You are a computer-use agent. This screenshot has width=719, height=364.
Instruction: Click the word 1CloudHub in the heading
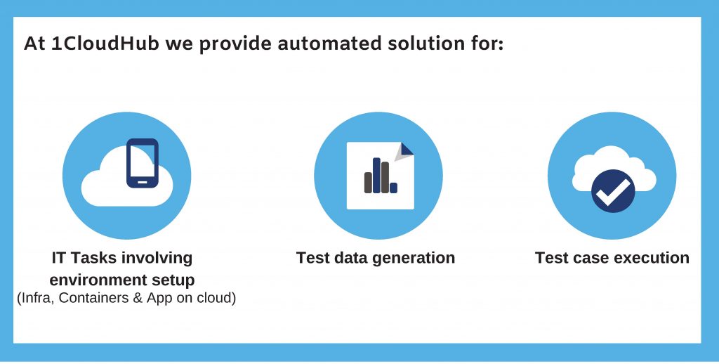point(105,43)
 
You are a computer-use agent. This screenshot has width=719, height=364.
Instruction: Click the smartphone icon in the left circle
point(142,163)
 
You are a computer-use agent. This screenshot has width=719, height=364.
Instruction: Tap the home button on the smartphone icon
point(142,182)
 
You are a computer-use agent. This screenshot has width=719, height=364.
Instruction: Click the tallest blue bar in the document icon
point(376,175)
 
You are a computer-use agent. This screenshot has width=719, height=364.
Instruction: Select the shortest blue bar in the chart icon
point(393,188)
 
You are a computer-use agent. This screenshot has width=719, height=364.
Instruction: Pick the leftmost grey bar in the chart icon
point(368,182)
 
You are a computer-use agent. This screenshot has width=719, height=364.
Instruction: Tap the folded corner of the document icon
point(405,151)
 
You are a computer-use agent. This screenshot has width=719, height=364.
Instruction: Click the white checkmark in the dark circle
point(612,191)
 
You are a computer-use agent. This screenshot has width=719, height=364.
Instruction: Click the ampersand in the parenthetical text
point(138,298)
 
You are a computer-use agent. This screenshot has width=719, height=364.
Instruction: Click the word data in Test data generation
point(351,257)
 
